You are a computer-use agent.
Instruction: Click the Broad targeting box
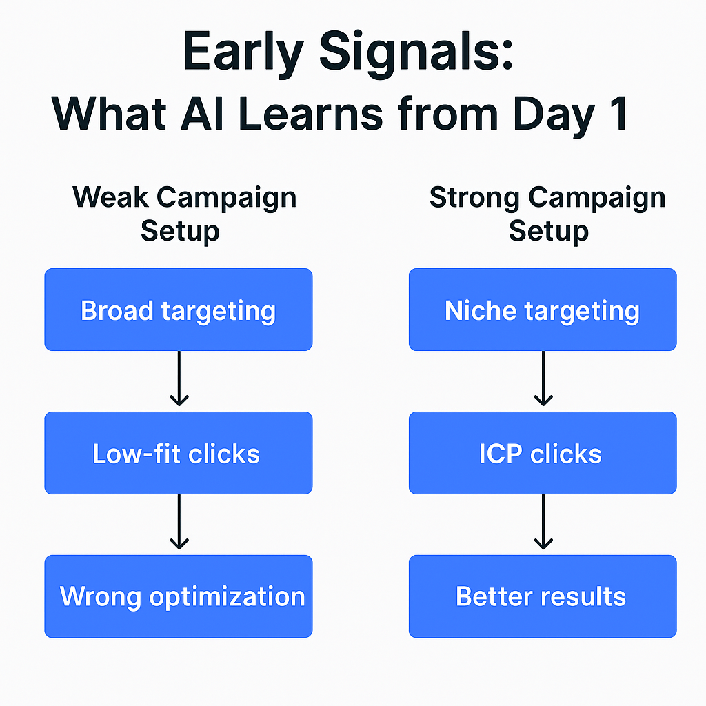click(x=178, y=310)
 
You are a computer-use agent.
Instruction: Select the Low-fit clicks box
click(x=178, y=454)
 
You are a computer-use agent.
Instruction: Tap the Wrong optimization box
click(x=178, y=596)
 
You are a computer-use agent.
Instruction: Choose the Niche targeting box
click(x=543, y=310)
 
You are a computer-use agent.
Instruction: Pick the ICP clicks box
click(x=543, y=454)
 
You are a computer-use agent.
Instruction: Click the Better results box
click(x=543, y=596)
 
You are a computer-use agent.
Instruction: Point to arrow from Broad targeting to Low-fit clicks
click(x=179, y=379)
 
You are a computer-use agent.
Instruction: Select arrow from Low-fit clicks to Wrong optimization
click(x=179, y=523)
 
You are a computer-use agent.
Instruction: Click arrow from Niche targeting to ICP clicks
click(x=543, y=379)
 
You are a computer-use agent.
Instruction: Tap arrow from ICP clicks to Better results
click(x=543, y=523)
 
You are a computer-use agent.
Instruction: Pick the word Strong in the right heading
click(x=474, y=198)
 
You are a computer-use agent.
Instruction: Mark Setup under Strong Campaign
click(x=548, y=230)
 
